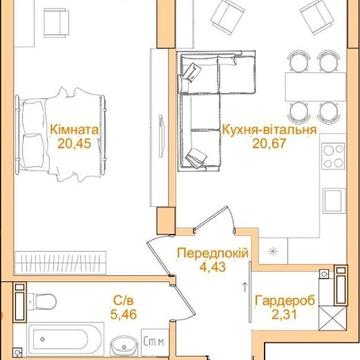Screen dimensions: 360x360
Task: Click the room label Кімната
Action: coord(74,130)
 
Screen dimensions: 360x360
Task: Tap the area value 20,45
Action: coord(74,143)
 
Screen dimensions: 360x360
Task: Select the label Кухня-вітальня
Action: coord(269,130)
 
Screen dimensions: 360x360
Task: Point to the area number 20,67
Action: coord(269,143)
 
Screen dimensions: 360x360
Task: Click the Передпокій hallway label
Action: coord(213,253)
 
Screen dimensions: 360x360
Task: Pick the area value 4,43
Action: coord(213,267)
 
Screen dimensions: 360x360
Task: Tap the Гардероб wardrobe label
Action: coord(285,301)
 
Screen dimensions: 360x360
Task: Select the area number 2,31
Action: coord(284,314)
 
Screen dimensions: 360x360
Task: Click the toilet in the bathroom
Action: coord(41,301)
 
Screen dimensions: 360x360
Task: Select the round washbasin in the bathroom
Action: coord(124,346)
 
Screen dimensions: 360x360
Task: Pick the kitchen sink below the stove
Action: coord(334,199)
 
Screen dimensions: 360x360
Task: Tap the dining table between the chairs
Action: coord(315,87)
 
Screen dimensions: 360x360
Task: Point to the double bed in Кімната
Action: coord(61,135)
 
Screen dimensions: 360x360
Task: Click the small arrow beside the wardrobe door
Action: coord(245,287)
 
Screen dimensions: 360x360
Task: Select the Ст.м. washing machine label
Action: coord(154,341)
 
